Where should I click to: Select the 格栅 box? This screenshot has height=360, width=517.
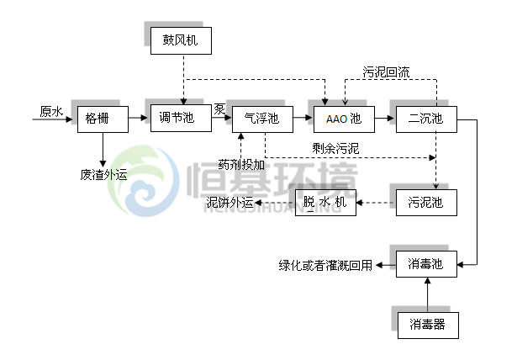pyautogui.click(x=103, y=119)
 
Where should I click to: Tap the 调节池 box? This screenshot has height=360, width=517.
pyautogui.click(x=177, y=119)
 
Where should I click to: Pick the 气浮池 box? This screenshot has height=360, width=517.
pyautogui.click(x=260, y=119)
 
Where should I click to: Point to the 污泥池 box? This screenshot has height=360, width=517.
pyautogui.click(x=425, y=202)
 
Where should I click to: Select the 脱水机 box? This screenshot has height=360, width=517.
pyautogui.click(x=325, y=202)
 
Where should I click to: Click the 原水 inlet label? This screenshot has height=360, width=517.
pyautogui.click(x=50, y=111)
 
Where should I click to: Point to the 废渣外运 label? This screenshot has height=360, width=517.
pyautogui.click(x=103, y=175)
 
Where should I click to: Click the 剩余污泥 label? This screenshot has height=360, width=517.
pyautogui.click(x=335, y=149)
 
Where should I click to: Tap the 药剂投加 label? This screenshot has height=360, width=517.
pyautogui.click(x=241, y=164)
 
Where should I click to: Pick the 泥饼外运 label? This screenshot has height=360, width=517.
pyautogui.click(x=230, y=203)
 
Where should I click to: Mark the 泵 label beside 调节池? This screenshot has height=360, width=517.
pyautogui.click(x=219, y=109)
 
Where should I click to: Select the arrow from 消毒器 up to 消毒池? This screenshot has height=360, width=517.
pyautogui.click(x=427, y=294)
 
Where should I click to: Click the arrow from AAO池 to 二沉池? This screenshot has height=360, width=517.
pyautogui.click(x=382, y=119)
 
